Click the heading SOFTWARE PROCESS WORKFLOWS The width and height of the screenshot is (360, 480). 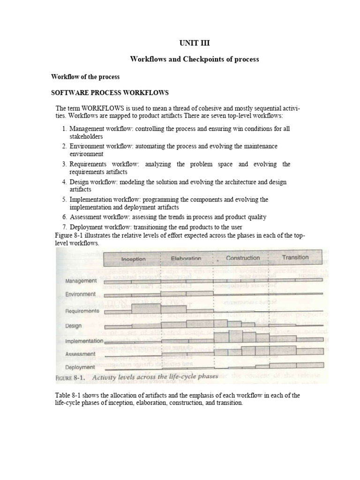110,92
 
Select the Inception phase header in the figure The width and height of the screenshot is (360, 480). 134,259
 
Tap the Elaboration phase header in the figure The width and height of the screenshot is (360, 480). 186,258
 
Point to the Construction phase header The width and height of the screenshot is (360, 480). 242,258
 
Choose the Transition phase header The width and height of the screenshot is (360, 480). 295,257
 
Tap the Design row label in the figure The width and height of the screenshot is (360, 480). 74,326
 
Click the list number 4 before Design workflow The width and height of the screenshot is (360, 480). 65,182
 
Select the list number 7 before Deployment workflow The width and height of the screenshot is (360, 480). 65,227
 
